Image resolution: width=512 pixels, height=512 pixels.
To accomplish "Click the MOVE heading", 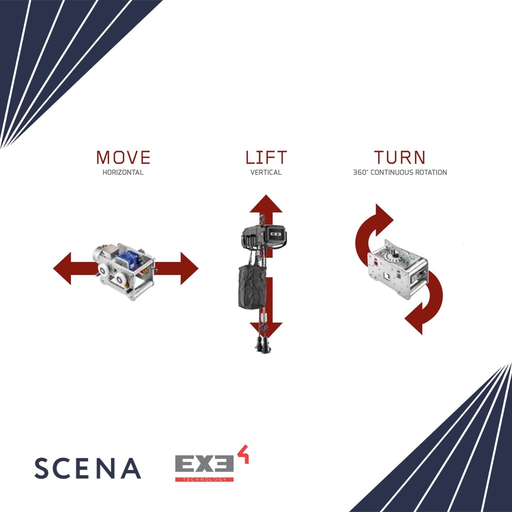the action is point(123,157).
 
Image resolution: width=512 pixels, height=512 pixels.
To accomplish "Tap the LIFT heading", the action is point(266,157).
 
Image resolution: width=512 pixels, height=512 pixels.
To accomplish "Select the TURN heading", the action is point(400,157).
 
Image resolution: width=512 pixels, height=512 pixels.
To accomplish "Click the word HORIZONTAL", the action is point(123,172).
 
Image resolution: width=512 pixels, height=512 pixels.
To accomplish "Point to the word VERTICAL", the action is point(266,172).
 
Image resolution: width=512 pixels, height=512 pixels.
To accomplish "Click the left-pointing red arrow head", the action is point(62,269).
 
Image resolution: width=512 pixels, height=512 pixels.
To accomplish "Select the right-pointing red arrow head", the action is point(190,269).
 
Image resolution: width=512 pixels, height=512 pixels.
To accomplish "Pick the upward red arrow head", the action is point(266,204).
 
